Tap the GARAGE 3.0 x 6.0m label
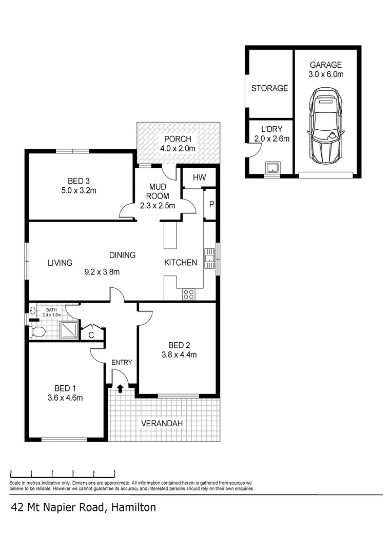(325, 69)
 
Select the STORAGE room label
(269, 88)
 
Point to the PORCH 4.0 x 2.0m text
(178, 144)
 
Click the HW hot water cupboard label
(199, 177)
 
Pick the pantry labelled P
(211, 204)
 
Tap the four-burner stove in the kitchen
(188, 294)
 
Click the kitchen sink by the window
(209, 259)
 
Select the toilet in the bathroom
(37, 332)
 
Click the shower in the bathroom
(69, 330)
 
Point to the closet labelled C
(91, 335)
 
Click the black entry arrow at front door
(121, 388)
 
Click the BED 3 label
(79, 181)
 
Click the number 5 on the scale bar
(114, 472)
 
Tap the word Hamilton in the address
(132, 508)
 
